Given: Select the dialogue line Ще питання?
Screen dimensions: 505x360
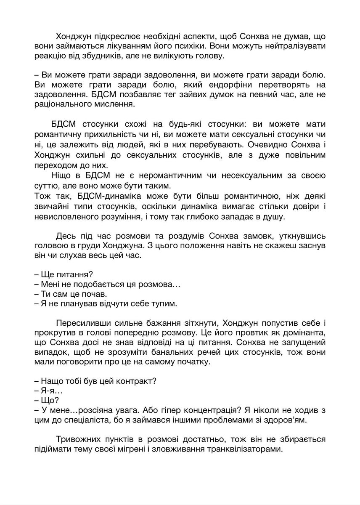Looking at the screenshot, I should click(63, 274).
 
